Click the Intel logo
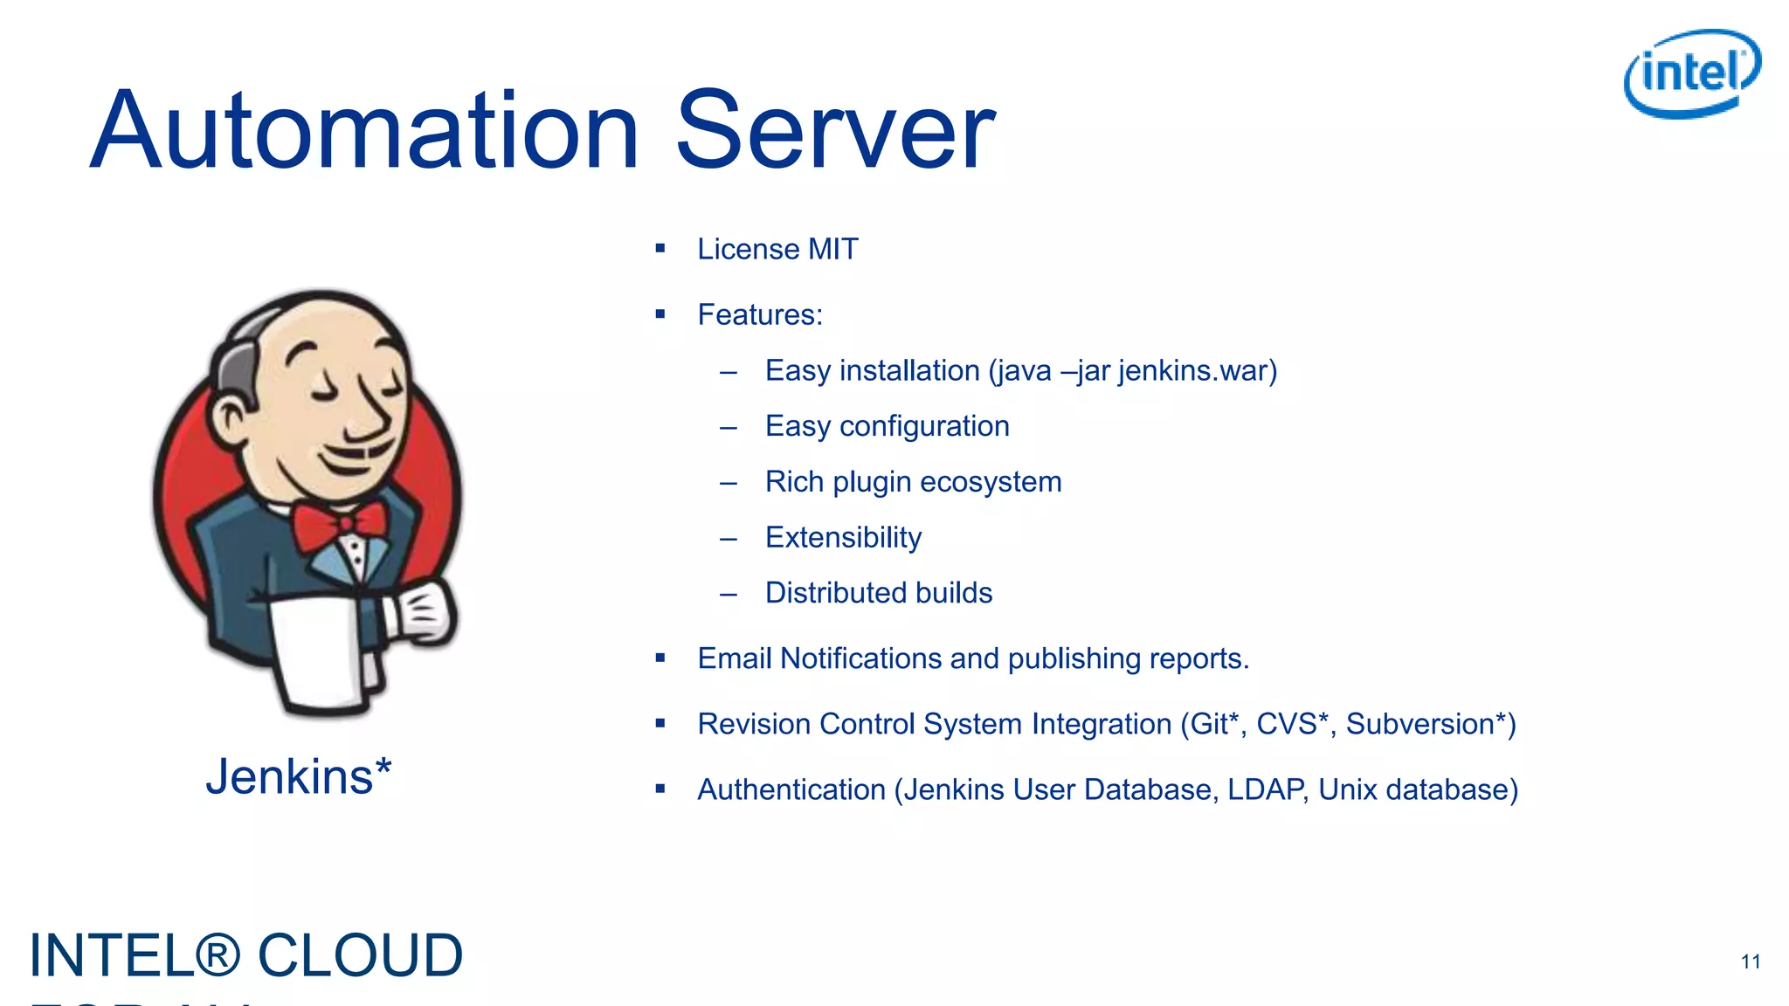(x=1691, y=73)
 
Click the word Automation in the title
(x=365, y=131)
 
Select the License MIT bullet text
(x=777, y=250)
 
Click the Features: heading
(x=760, y=315)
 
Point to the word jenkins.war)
(x=1197, y=371)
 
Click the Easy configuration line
(x=887, y=426)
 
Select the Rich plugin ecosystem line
(x=913, y=482)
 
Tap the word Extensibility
(x=843, y=538)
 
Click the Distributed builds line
(x=878, y=593)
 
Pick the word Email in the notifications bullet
(x=734, y=658)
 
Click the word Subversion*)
(x=1430, y=724)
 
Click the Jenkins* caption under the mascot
(x=298, y=776)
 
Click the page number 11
(x=1750, y=961)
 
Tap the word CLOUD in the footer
(x=360, y=955)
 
